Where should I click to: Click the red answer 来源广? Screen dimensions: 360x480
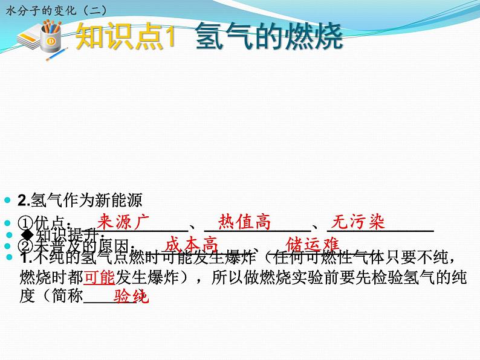[x=123, y=222]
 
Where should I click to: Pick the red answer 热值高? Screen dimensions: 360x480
[x=244, y=222]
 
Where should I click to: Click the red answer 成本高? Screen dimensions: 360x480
[x=191, y=244]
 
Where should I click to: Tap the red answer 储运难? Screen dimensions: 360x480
[x=313, y=243]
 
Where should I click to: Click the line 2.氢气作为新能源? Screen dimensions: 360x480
[x=80, y=200]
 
